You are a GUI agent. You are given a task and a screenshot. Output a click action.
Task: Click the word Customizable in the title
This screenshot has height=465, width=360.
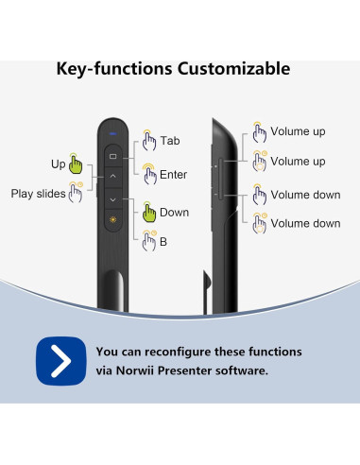click(228, 69)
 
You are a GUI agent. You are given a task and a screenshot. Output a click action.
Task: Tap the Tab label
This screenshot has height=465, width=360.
click(169, 141)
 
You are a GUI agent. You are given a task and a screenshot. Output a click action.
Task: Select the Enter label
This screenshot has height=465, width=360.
click(174, 173)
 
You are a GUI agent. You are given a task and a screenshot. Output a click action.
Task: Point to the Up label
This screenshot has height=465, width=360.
click(58, 164)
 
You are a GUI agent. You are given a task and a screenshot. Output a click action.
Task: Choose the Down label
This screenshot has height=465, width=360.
click(174, 213)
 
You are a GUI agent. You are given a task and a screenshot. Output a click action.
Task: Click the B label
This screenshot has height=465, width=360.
click(163, 243)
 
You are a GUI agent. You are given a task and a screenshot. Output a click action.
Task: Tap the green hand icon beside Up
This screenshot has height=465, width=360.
click(77, 164)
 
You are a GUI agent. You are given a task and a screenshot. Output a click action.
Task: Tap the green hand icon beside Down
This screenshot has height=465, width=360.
click(148, 212)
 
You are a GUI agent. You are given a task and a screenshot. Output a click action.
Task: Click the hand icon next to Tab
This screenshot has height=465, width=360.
click(148, 140)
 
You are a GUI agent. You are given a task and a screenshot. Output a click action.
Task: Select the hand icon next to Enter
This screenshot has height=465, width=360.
click(148, 172)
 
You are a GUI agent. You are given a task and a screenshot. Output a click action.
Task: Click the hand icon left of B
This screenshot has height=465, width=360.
click(148, 243)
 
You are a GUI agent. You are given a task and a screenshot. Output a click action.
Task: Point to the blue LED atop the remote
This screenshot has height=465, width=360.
click(112, 133)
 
